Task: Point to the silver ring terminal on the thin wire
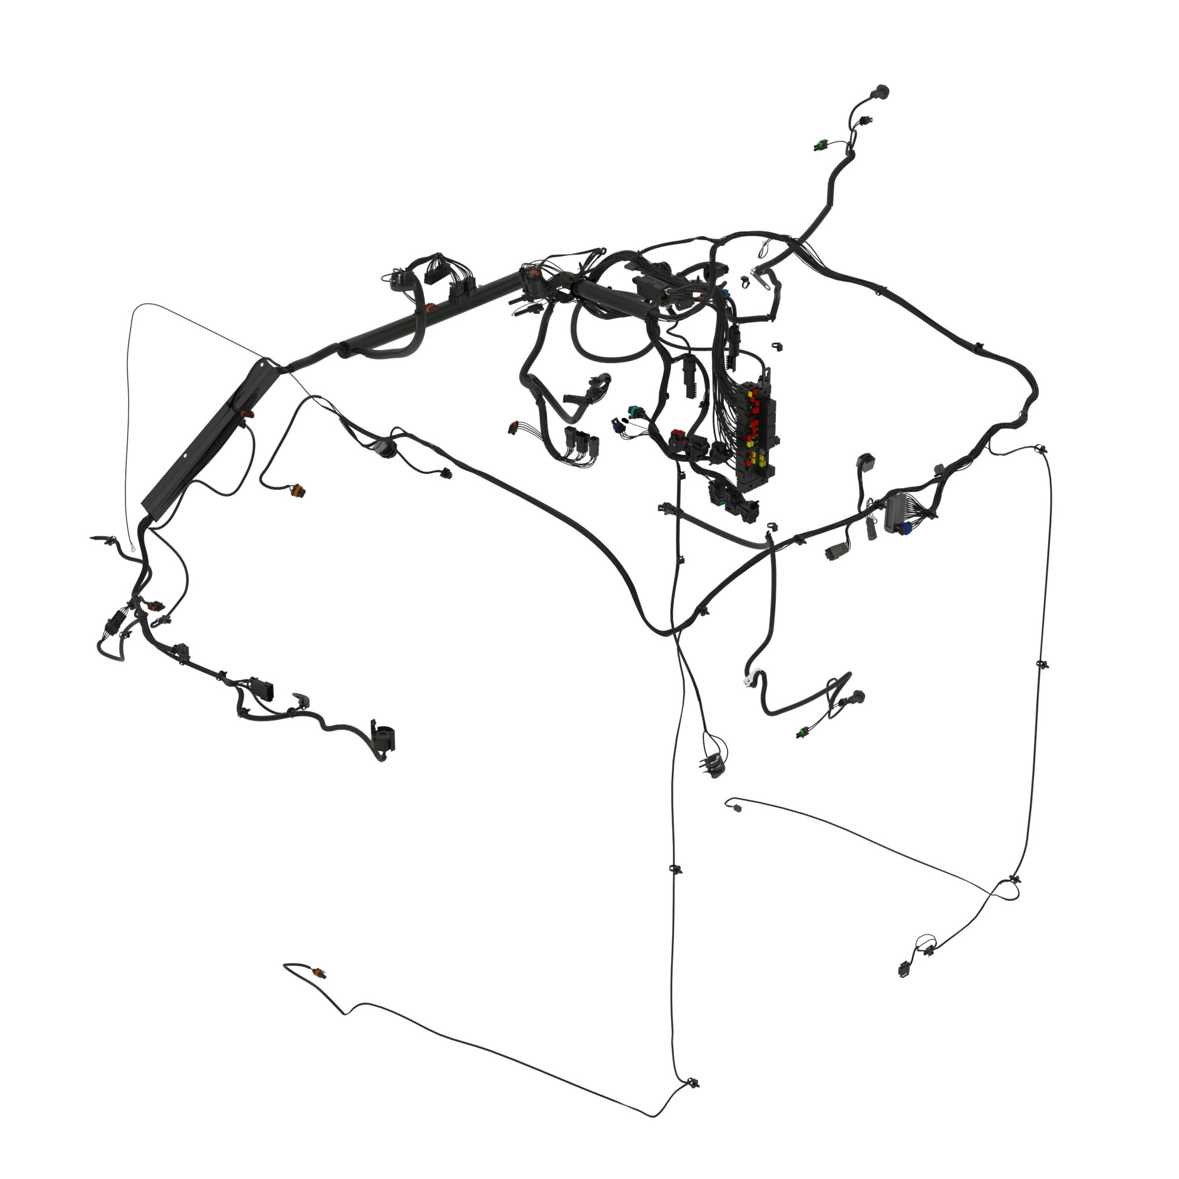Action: [130, 539]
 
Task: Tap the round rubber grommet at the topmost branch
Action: [882, 93]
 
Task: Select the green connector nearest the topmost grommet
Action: [819, 145]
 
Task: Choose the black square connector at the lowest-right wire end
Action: [904, 969]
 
